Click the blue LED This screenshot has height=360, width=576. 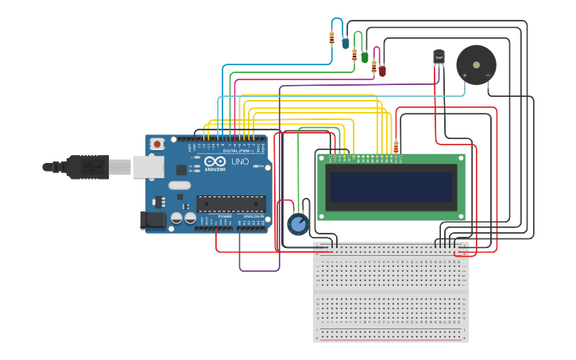tap(346, 44)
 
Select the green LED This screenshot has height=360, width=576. tap(365, 57)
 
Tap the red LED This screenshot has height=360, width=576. tap(382, 71)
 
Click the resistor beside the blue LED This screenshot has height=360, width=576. tap(332, 37)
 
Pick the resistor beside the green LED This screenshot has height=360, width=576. tap(354, 54)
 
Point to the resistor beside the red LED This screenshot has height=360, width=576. tap(373, 67)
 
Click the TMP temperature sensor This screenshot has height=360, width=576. tap(439, 57)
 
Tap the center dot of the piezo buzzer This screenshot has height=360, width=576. tap(476, 64)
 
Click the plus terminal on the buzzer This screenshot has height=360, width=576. tap(465, 75)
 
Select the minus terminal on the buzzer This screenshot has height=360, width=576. tap(488, 75)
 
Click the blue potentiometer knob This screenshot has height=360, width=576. tap(298, 225)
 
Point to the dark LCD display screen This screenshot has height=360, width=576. tap(391, 188)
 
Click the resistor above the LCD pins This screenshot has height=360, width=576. tap(396, 146)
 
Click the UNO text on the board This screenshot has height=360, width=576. tap(239, 161)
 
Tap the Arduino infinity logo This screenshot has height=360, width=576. tap(215, 161)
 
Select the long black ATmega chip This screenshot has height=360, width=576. tap(230, 204)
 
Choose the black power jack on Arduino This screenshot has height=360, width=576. tap(153, 220)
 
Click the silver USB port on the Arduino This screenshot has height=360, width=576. tap(149, 167)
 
